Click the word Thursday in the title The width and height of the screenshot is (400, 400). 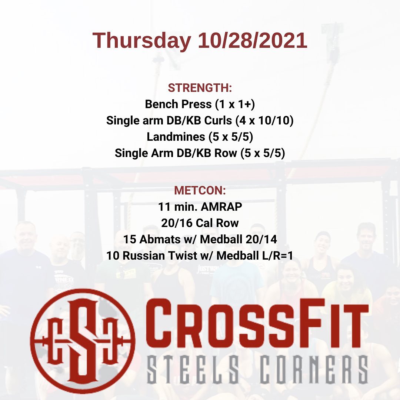click(x=142, y=41)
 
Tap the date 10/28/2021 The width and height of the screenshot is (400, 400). click(x=252, y=40)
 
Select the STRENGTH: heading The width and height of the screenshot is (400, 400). click(x=200, y=88)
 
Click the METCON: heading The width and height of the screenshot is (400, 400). click(x=200, y=191)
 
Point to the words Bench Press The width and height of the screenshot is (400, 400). click(x=178, y=104)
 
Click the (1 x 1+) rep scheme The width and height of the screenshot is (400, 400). click(x=235, y=104)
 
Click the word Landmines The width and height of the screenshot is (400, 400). click(x=176, y=137)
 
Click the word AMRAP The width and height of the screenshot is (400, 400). click(x=221, y=207)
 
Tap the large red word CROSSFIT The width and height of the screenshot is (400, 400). click(x=257, y=323)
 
